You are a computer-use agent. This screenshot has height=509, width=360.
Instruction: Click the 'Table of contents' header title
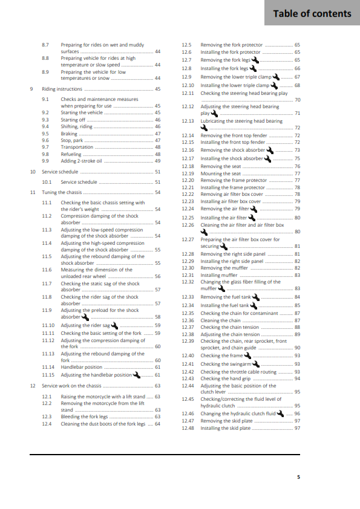tap(312, 14)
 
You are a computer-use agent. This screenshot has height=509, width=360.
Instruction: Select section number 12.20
tap(188, 180)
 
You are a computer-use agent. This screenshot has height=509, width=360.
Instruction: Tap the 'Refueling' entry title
tap(71, 154)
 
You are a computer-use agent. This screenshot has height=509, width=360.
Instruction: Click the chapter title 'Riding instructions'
tap(62, 89)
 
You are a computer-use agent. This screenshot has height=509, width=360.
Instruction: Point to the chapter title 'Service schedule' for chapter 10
tap(60, 172)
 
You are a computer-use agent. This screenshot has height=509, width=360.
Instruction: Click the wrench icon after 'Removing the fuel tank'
tap(255, 297)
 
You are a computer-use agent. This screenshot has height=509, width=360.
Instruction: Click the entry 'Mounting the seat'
tap(216, 173)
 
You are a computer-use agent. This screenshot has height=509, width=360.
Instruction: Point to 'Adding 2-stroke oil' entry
tap(80, 161)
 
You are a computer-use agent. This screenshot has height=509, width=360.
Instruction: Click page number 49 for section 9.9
tap(157, 161)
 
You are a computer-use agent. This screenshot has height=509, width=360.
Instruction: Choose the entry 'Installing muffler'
tap(217, 275)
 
